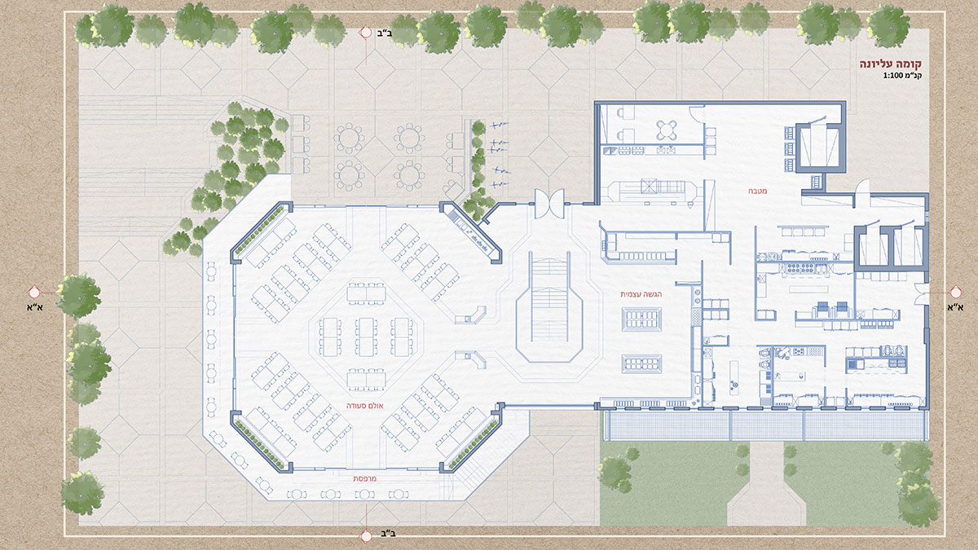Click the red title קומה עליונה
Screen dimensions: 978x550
[x=891, y=64]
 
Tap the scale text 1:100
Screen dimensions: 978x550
[x=892, y=76]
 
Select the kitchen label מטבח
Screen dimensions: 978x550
[x=757, y=191]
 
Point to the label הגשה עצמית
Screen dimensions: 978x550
[x=641, y=294]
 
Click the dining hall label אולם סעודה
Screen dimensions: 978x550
[x=365, y=406]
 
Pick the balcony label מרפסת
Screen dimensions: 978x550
[x=364, y=478]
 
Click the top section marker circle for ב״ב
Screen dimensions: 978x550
[x=365, y=33]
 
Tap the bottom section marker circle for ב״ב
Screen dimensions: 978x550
[x=366, y=536]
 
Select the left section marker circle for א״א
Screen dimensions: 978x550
[x=34, y=292]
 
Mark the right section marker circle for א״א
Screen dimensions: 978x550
[x=956, y=292]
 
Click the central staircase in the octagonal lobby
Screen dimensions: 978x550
[x=549, y=300]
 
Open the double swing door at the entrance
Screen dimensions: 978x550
[x=549, y=204]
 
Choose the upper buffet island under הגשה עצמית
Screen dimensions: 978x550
[x=641, y=319]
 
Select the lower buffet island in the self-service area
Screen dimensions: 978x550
[x=641, y=364]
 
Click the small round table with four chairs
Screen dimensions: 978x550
[x=667, y=130]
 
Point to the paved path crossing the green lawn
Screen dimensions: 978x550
[x=766, y=485]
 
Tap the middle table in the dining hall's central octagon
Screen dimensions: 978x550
[x=366, y=337]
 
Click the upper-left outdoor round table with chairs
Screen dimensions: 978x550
[x=349, y=139]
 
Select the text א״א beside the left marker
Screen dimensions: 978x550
[x=35, y=307]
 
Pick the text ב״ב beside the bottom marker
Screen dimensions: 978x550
[x=388, y=534]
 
